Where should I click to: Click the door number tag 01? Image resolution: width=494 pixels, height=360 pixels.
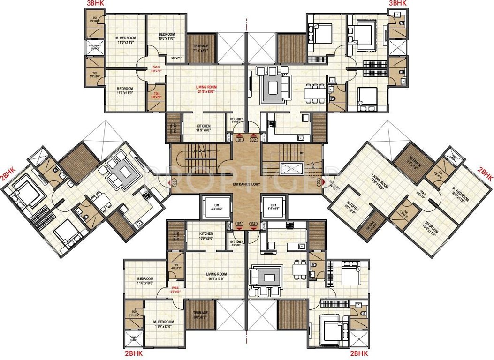(240, 140)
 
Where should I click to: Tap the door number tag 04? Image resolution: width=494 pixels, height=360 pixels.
(254, 224)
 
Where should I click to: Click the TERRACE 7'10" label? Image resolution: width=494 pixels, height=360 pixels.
(200, 48)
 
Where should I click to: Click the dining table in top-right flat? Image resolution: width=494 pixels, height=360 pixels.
(315, 93)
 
